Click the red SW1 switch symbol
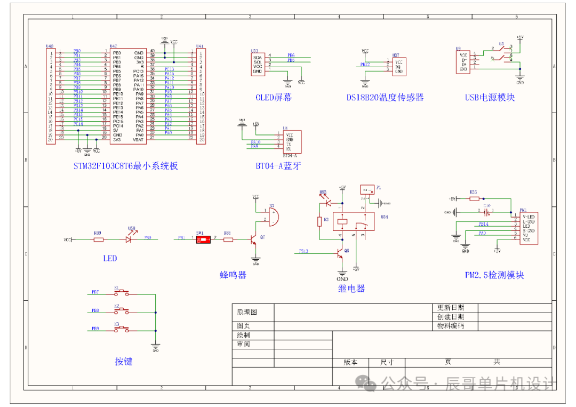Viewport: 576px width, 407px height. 203,240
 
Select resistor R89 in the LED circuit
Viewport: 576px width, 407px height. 98,240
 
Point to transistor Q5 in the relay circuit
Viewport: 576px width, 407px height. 340,254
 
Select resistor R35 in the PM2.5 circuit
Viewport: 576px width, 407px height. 474,198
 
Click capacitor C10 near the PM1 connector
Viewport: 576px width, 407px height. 486,211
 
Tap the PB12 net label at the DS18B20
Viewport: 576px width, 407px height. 365,65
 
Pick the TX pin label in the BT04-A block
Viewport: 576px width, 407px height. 289,144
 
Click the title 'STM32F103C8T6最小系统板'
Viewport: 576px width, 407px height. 125,166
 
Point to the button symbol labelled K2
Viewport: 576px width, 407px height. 122,310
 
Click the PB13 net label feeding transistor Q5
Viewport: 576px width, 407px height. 303,251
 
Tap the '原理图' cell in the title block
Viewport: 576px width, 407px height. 247,312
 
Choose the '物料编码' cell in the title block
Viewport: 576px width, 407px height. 451,325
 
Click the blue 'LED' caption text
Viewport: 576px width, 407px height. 110,258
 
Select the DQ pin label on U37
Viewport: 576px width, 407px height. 398,67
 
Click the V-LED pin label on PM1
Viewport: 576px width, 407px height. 529,216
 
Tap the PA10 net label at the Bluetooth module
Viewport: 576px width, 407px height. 255,142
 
